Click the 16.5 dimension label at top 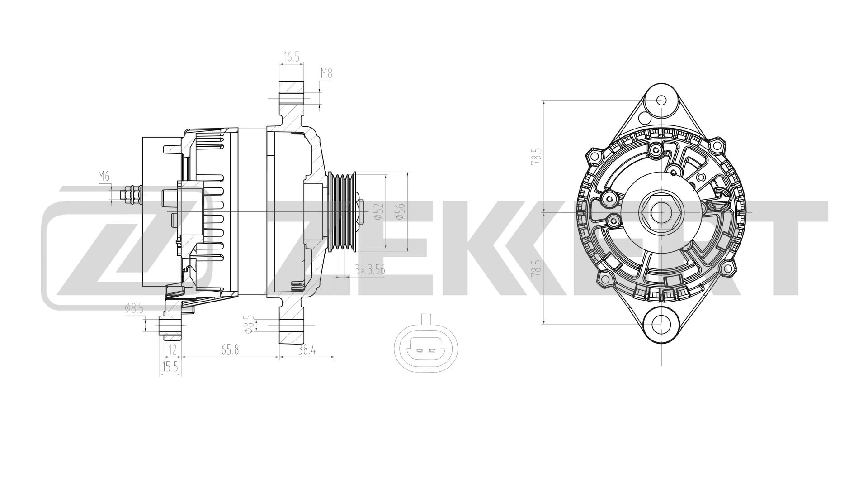[291, 57]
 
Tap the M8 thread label [326, 73]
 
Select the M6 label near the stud [104, 177]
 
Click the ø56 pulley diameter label [401, 211]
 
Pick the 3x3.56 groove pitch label [369, 270]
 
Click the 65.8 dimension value [230, 350]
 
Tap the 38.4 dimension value [307, 350]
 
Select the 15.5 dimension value [170, 367]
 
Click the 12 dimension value [172, 350]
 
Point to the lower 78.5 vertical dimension [536, 268]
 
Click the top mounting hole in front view [661, 100]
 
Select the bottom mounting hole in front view [661, 324]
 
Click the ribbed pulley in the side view [341, 211]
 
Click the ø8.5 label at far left [134, 309]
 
